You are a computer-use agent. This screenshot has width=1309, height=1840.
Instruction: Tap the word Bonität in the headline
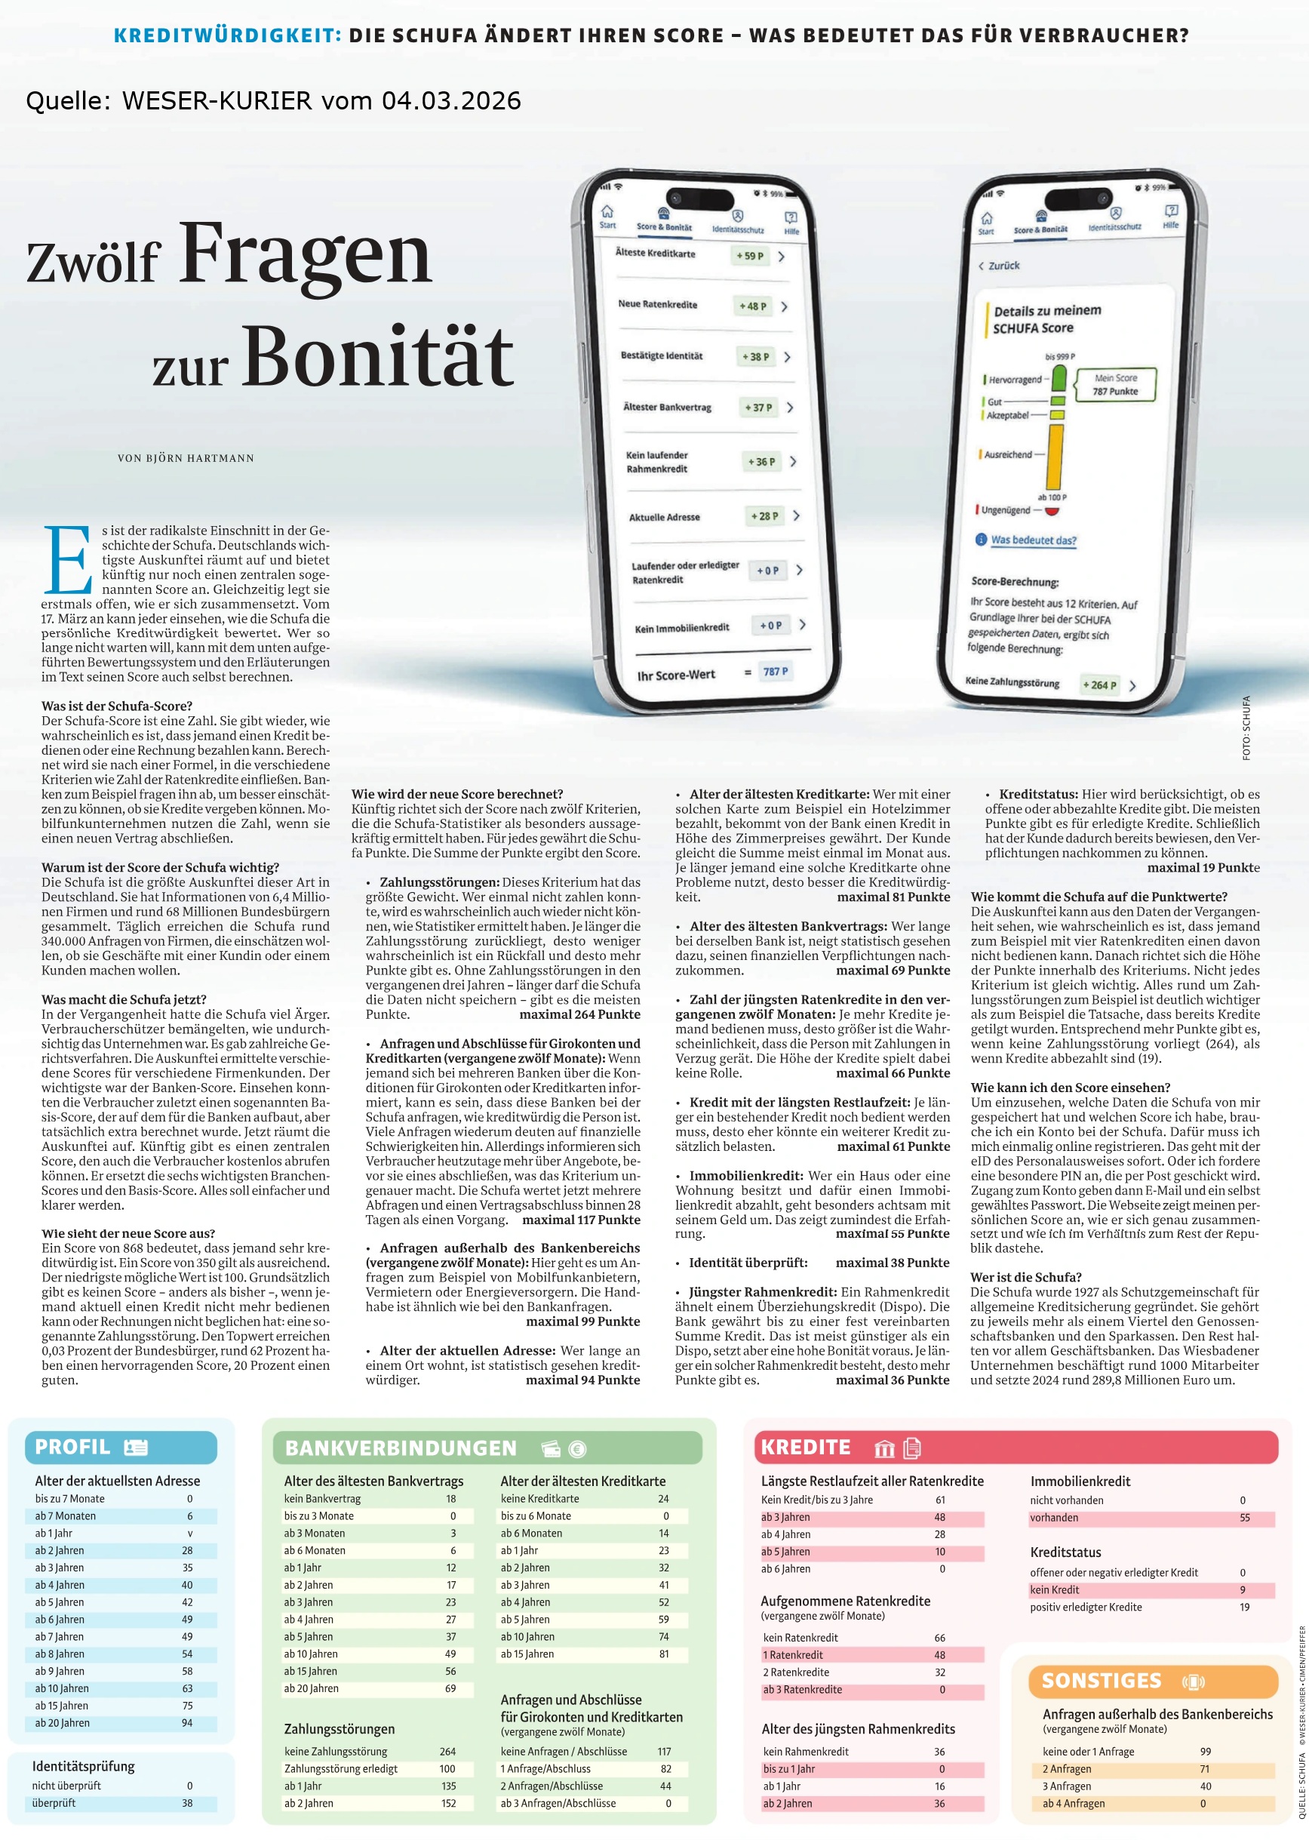tap(377, 356)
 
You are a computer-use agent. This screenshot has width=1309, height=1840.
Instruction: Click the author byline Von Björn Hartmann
tap(186, 458)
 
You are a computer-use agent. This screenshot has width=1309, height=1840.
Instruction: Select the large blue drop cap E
tap(68, 559)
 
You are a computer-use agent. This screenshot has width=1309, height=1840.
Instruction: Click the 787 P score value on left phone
tap(776, 672)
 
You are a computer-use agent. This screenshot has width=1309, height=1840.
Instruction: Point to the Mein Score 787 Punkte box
tap(1116, 385)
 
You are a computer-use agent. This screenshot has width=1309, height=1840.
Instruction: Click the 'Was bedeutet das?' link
tap(1034, 540)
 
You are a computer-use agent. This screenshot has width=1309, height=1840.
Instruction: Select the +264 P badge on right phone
tap(1099, 685)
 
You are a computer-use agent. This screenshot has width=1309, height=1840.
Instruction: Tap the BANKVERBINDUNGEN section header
tap(401, 1448)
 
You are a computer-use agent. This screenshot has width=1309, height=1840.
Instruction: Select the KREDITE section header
tap(805, 1448)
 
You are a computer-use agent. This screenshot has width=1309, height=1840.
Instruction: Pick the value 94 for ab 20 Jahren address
tap(187, 1723)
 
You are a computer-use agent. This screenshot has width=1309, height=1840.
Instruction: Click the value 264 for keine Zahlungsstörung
tap(447, 1751)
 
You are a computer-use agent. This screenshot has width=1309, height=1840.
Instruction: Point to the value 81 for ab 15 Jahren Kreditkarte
tap(663, 1654)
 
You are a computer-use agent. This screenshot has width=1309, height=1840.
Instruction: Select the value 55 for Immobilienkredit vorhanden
tap(1245, 1518)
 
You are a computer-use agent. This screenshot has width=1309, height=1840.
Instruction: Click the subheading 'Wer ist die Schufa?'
tap(1026, 1277)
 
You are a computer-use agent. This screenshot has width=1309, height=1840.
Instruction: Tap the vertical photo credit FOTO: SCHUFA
tap(1246, 728)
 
